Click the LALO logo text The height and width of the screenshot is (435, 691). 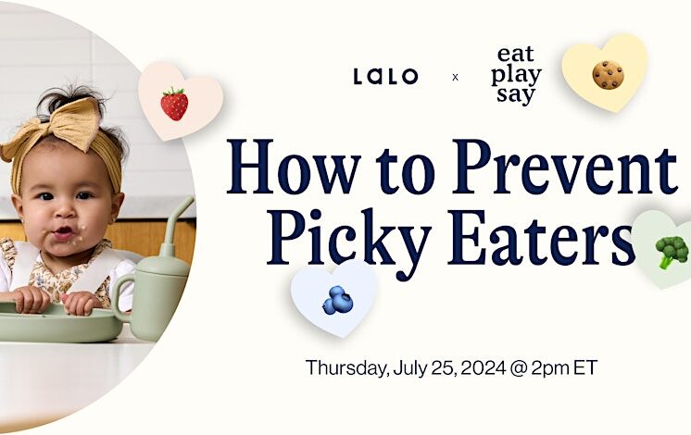pos(385,76)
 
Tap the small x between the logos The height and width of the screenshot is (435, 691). pos(455,77)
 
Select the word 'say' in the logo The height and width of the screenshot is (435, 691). pos(516,95)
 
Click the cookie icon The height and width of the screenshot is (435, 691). pos(608,75)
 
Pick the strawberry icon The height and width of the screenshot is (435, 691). pos(174,103)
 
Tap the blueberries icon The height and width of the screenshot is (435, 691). pos(337,299)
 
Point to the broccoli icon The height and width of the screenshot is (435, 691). pos(672,251)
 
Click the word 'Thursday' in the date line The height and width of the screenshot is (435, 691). pos(345,367)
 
